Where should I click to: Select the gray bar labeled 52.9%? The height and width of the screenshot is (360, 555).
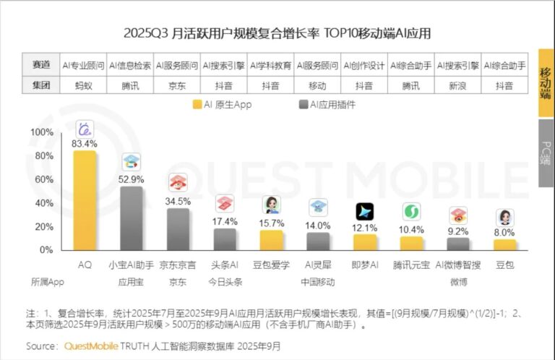click(x=131, y=218)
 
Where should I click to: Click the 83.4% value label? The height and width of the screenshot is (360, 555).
click(x=85, y=144)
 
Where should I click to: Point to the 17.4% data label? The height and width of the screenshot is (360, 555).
click(x=225, y=221)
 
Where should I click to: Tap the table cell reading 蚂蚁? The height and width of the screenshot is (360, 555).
click(x=85, y=85)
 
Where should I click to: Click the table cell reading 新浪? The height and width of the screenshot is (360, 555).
click(x=458, y=85)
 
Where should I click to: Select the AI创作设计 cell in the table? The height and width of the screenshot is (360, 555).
click(x=364, y=65)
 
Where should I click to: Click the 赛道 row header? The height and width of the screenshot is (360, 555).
click(x=41, y=65)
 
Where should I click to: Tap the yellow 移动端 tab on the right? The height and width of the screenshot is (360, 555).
click(x=546, y=83)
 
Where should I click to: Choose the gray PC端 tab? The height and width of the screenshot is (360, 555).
click(x=546, y=151)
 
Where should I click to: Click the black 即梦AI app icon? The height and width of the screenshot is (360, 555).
click(x=364, y=212)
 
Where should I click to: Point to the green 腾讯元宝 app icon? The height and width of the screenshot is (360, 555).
click(x=411, y=212)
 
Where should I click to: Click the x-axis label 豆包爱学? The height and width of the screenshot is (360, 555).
click(x=271, y=266)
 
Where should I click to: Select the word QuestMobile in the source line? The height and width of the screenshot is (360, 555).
click(x=92, y=346)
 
